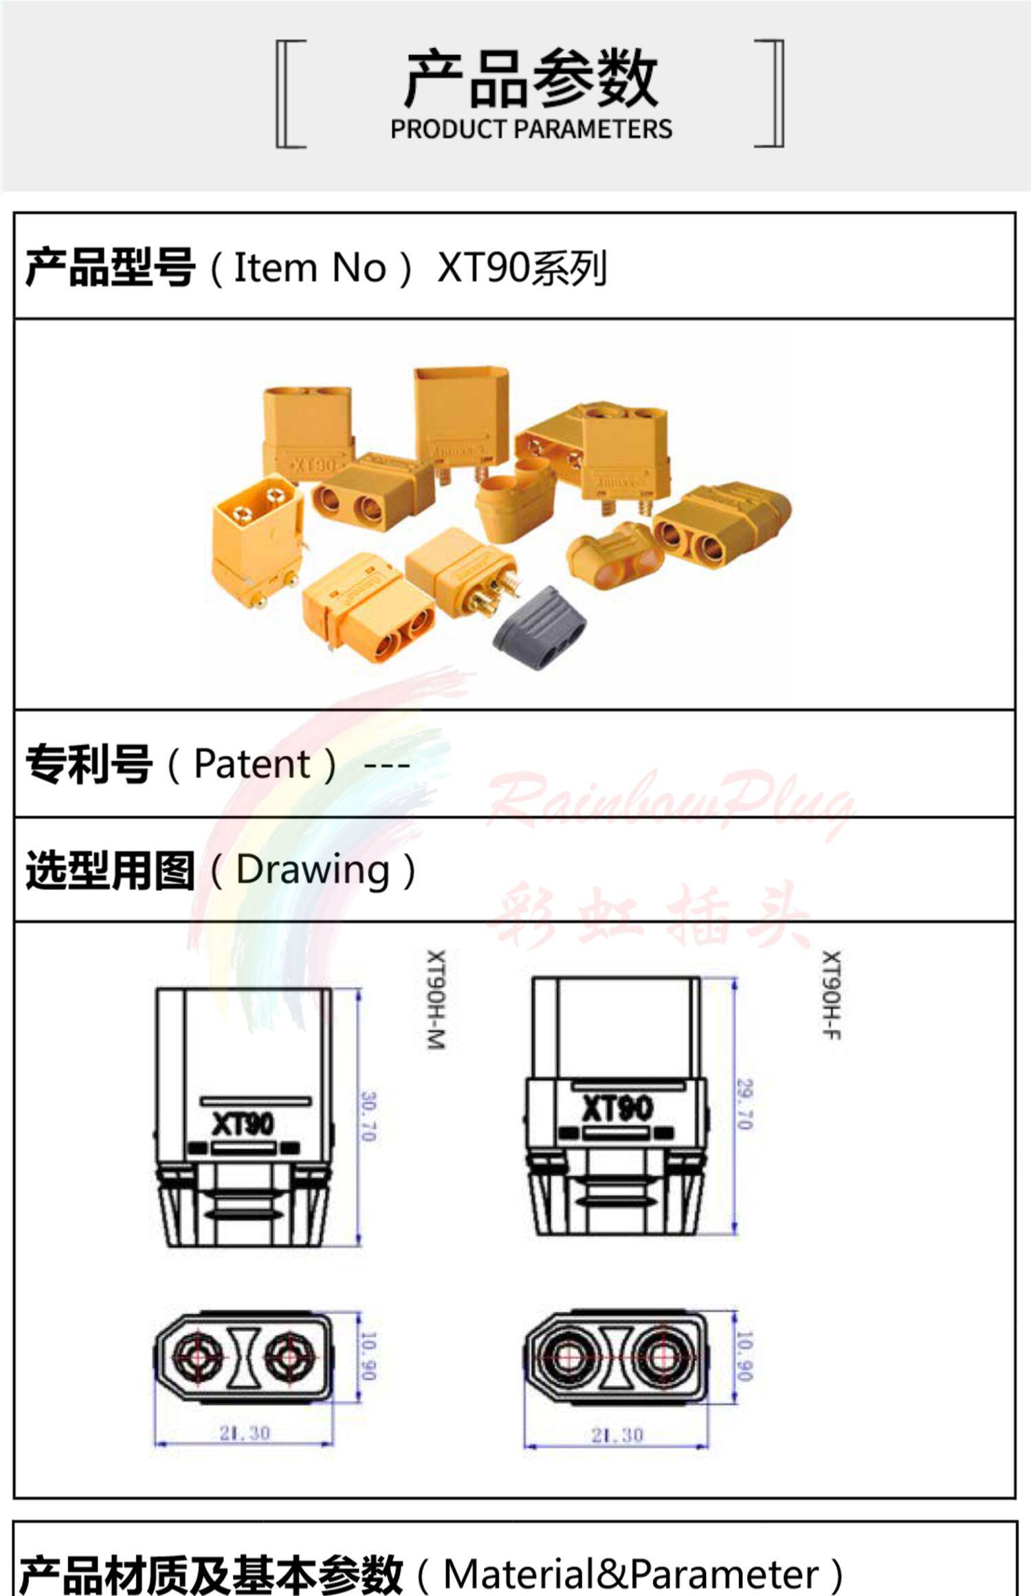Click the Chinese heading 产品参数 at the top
[x=531, y=79]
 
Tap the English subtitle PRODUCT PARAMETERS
[x=531, y=129]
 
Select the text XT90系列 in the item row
[x=522, y=268]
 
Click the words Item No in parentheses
[x=310, y=267]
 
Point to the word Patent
[x=252, y=764]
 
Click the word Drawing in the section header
[x=313, y=870]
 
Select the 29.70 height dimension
[x=744, y=1105]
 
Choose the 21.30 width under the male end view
[x=244, y=1433]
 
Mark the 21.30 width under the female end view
[x=617, y=1434]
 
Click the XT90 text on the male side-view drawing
[x=243, y=1124]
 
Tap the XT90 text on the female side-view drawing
[x=617, y=1108]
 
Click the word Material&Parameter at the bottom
[x=631, y=1573]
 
